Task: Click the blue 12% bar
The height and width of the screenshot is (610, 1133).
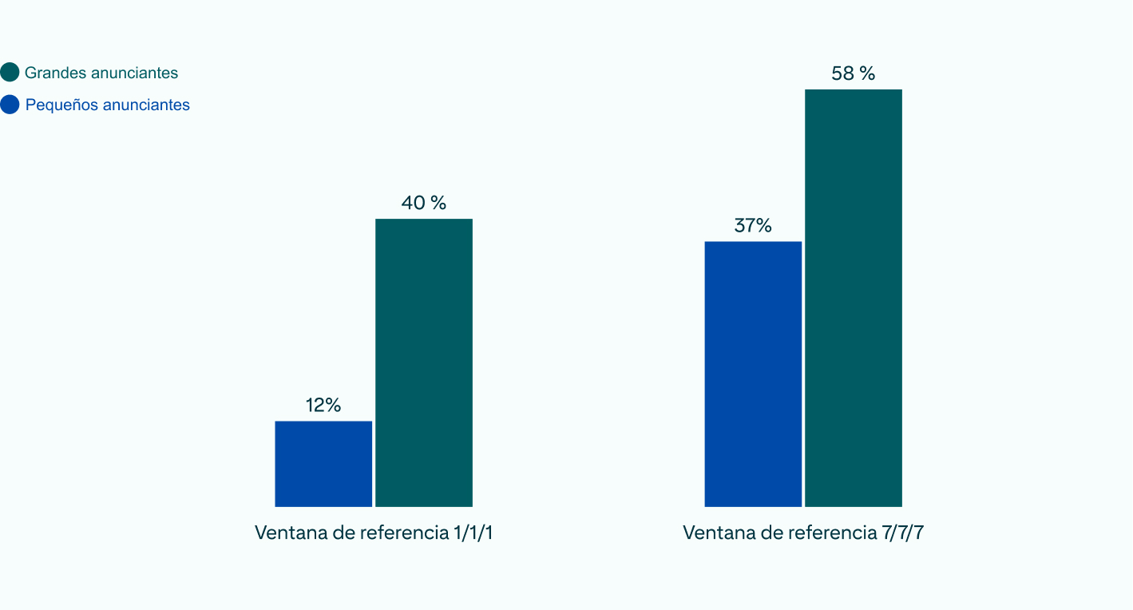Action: coord(323,463)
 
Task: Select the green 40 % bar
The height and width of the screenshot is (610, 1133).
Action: coord(424,362)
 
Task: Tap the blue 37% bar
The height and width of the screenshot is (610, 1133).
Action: coord(753,374)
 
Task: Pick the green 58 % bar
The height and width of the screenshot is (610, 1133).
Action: coord(854,298)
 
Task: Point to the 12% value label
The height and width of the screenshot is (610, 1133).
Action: coord(323,406)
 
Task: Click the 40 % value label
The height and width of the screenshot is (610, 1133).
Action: coord(424,204)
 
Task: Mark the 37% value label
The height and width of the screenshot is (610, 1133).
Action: coord(753,226)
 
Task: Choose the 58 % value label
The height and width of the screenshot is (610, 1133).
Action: coord(854,74)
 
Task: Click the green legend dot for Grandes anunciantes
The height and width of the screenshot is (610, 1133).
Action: coord(10,73)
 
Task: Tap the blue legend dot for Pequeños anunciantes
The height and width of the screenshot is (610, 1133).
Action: coord(10,105)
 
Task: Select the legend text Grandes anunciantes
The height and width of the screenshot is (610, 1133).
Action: coord(101,73)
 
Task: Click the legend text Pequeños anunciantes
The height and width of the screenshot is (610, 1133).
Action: coord(108,105)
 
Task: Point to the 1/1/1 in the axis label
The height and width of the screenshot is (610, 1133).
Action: coord(473,533)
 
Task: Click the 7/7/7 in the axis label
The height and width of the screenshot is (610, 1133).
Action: coord(903,533)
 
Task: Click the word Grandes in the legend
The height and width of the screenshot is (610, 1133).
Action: coord(55,73)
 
